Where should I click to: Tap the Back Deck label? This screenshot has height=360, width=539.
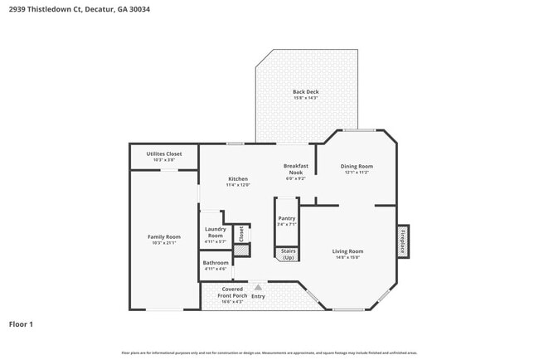pos(305,91)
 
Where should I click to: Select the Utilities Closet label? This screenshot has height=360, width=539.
pos(163,153)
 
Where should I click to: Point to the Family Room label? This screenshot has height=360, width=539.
pos(163,236)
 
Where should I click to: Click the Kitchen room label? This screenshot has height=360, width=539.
pos(238,178)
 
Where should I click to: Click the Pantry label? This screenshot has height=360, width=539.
pos(287,218)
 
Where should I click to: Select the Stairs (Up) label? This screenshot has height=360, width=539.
pos(288,254)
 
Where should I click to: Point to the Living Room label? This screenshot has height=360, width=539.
pos(348,251)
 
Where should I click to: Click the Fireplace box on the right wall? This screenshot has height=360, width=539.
pos(403,241)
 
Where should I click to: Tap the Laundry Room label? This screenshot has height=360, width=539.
pos(216,232)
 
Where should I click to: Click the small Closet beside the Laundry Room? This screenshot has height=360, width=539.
pos(240,234)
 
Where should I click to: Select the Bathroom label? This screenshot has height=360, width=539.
pos(216,262)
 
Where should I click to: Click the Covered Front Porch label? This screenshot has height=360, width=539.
pos(232,292)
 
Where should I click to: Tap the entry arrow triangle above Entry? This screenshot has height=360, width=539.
pos(257,288)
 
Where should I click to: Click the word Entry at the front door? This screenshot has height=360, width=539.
pos(258,296)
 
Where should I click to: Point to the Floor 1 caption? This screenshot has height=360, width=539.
pos(21,324)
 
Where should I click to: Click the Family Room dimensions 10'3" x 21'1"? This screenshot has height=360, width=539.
pos(163,242)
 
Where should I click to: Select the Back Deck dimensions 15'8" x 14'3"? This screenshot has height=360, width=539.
pos(305,98)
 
